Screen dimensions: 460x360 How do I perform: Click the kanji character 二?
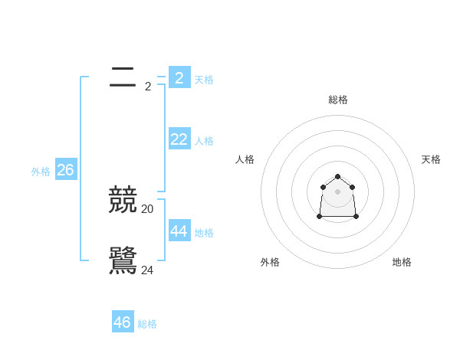(x=123, y=77)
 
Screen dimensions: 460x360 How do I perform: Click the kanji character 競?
(x=123, y=200)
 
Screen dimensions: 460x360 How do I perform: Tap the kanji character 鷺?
(x=123, y=261)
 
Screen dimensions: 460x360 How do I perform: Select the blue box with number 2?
(x=179, y=77)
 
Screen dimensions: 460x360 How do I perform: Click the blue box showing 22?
(x=179, y=139)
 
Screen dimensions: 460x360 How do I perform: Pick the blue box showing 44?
(x=179, y=231)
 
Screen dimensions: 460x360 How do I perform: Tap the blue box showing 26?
(x=65, y=169)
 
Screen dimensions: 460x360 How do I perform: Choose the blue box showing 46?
(x=123, y=322)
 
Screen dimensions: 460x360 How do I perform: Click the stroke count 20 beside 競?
(x=147, y=208)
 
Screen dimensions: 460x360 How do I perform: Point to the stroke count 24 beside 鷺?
(x=147, y=270)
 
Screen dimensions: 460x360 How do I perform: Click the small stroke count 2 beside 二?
(x=148, y=86)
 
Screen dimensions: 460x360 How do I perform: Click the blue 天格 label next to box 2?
(x=204, y=80)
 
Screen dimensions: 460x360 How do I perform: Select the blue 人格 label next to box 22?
(x=204, y=141)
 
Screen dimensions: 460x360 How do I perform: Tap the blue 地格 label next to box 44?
(x=204, y=233)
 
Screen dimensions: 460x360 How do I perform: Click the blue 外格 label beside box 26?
(x=41, y=172)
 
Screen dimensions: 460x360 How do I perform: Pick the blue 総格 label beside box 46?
(x=147, y=324)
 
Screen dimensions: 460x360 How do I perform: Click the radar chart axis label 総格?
(x=337, y=100)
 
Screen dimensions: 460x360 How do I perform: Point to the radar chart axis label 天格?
(x=431, y=159)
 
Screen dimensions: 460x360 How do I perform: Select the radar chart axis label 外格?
(x=270, y=262)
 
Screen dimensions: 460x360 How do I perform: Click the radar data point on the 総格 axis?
(x=337, y=177)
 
